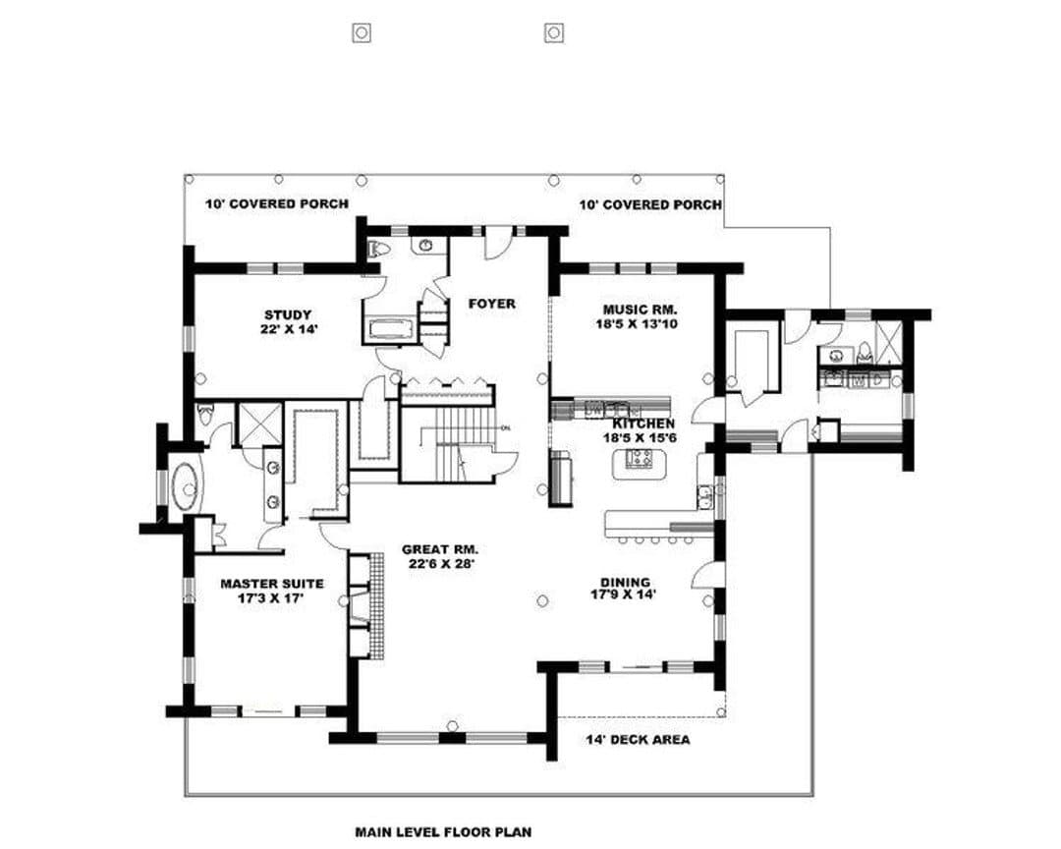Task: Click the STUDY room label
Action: (x=288, y=314)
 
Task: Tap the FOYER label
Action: (x=492, y=304)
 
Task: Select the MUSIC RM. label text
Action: (x=641, y=310)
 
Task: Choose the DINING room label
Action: (x=625, y=583)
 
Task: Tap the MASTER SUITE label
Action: (x=272, y=584)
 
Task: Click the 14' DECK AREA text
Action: (x=639, y=739)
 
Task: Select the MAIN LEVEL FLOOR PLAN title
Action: (x=443, y=832)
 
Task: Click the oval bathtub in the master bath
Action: (x=185, y=485)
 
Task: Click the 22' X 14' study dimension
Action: (x=288, y=329)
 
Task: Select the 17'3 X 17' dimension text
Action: (x=271, y=598)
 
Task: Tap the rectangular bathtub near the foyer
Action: (x=391, y=329)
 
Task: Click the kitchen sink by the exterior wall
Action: (x=705, y=496)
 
